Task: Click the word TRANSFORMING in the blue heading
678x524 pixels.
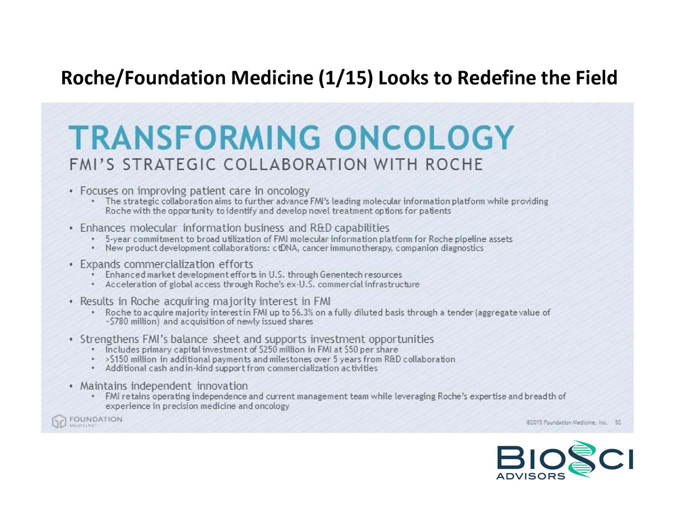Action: tap(194, 138)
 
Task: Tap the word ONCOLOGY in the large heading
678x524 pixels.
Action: tap(424, 138)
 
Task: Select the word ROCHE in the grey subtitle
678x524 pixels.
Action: tap(454, 164)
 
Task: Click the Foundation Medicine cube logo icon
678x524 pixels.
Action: tap(59, 421)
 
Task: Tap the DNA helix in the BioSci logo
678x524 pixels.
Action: tap(578, 458)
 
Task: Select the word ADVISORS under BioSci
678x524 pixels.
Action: tap(531, 476)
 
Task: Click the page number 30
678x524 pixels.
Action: tap(618, 422)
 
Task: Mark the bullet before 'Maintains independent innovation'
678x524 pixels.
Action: tap(72, 386)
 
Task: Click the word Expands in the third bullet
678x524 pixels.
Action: tap(100, 265)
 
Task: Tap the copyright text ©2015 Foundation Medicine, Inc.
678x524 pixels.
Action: tap(566, 422)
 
